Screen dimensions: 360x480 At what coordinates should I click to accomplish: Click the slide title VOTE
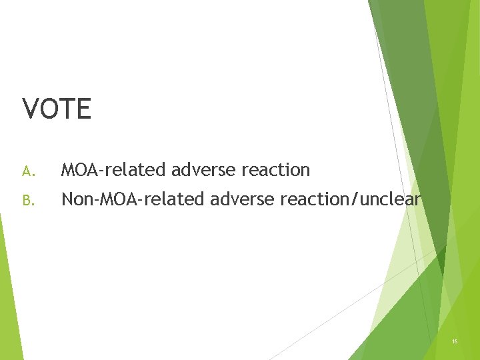[57, 109]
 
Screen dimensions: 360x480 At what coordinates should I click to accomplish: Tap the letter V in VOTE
[31, 109]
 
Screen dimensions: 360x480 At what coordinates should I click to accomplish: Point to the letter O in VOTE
[49, 109]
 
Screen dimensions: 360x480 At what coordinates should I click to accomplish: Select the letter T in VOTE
[67, 109]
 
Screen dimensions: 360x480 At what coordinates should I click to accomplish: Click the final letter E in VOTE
[83, 109]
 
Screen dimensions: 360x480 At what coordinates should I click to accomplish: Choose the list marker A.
[27, 171]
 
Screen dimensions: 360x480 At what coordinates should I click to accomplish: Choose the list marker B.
[27, 199]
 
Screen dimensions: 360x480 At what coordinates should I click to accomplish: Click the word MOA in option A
[79, 171]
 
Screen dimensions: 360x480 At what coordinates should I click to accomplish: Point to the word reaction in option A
[276, 171]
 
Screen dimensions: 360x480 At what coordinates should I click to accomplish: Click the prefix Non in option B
[75, 199]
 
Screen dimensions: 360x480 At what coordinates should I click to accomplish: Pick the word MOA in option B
[113, 199]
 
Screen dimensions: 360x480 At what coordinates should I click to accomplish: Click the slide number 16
[455, 341]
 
